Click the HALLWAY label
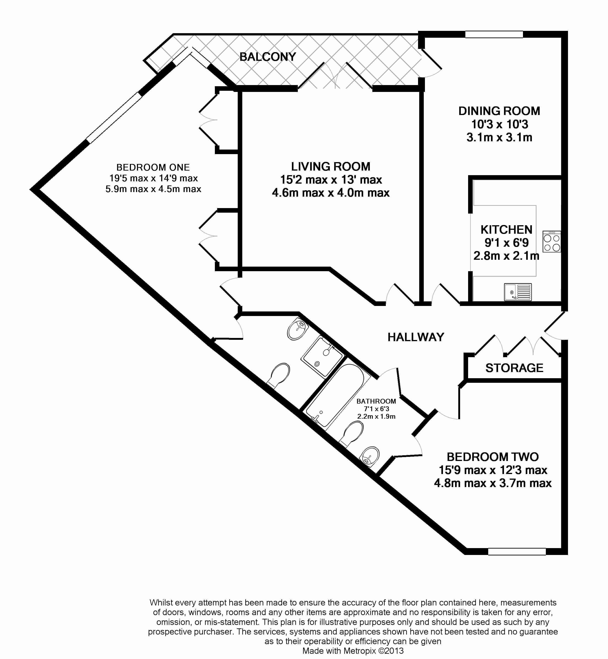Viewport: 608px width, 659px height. (x=416, y=337)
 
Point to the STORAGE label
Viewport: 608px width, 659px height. (x=514, y=368)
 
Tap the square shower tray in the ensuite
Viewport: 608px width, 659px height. (x=323, y=356)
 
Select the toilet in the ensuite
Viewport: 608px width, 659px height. (x=278, y=376)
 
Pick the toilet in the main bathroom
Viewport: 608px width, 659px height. (x=352, y=434)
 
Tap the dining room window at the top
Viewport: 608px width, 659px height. (x=494, y=35)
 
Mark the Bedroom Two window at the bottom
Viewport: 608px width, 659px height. (x=517, y=551)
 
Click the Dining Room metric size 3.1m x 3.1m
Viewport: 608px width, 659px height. (x=499, y=138)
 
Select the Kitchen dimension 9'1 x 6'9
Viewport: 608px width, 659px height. (x=506, y=243)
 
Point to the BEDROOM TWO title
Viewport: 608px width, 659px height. (x=493, y=457)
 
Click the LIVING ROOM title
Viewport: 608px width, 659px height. (x=331, y=166)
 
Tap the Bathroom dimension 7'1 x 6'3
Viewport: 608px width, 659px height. (x=376, y=409)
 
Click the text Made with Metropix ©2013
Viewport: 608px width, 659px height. (x=353, y=651)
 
